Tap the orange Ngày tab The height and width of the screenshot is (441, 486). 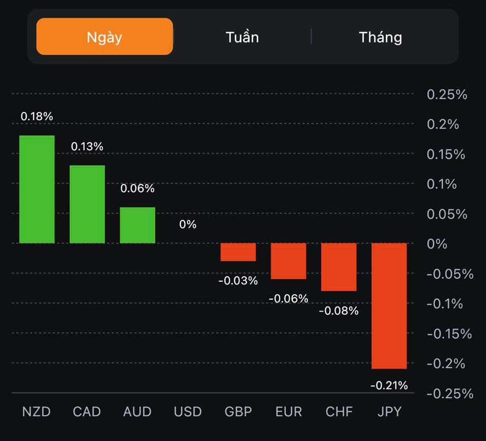coord(104,36)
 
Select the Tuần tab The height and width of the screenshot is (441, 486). coord(242,37)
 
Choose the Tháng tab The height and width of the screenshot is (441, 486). coord(380,37)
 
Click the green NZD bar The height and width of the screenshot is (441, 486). coord(37,189)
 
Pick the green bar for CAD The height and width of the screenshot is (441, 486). coord(87,204)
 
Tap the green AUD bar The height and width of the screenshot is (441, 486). coord(138,225)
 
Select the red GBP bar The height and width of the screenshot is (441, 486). coord(238,252)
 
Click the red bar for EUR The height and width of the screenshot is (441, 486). coord(289,261)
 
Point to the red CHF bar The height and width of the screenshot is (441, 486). coord(339,267)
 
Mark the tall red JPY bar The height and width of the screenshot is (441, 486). coord(389,306)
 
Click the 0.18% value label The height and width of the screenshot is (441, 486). coord(37,117)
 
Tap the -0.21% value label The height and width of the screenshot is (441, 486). coord(389,385)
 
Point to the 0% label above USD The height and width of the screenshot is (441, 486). coord(188,224)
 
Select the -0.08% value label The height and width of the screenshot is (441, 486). coord(339,311)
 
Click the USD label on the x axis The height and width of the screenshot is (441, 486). coord(188,412)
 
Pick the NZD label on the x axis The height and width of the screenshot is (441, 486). coord(36,412)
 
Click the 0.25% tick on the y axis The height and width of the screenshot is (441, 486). coord(447,94)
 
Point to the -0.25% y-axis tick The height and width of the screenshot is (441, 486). coord(450,393)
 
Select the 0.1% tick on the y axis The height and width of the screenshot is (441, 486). coord(442,184)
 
